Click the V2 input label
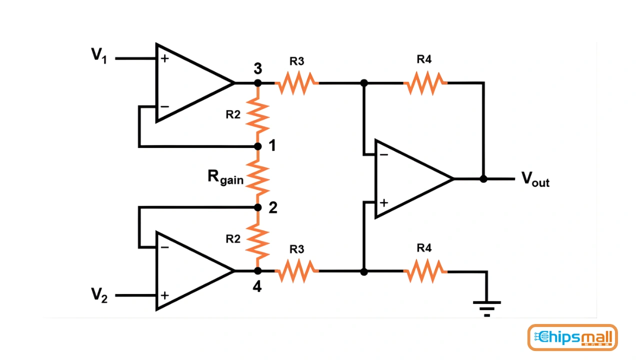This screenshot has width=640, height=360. (99, 295)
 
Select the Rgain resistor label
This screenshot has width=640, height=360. (225, 177)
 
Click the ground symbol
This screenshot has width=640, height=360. (486, 307)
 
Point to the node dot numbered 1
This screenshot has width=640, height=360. (258, 146)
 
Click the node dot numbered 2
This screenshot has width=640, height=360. (258, 207)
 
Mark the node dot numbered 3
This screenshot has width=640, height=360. (258, 83)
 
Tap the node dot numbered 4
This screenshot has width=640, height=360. (258, 271)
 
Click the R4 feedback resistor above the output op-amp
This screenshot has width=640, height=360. (424, 83)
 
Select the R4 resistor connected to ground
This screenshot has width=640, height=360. (424, 271)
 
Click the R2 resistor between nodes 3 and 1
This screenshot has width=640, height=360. (258, 114)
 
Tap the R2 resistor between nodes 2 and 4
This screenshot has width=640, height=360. (258, 239)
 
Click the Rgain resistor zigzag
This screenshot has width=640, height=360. (258, 177)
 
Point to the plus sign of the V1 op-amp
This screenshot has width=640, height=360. (164, 58)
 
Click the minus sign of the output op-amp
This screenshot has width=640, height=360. (383, 154)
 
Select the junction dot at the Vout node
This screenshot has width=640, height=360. (483, 178)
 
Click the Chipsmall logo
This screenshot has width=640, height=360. (572, 337)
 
